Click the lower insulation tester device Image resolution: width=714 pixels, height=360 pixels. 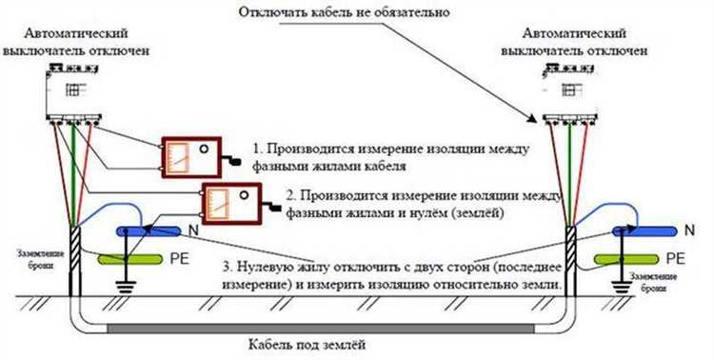coord(229,203)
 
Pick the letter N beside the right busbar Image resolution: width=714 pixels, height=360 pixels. coord(688,230)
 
